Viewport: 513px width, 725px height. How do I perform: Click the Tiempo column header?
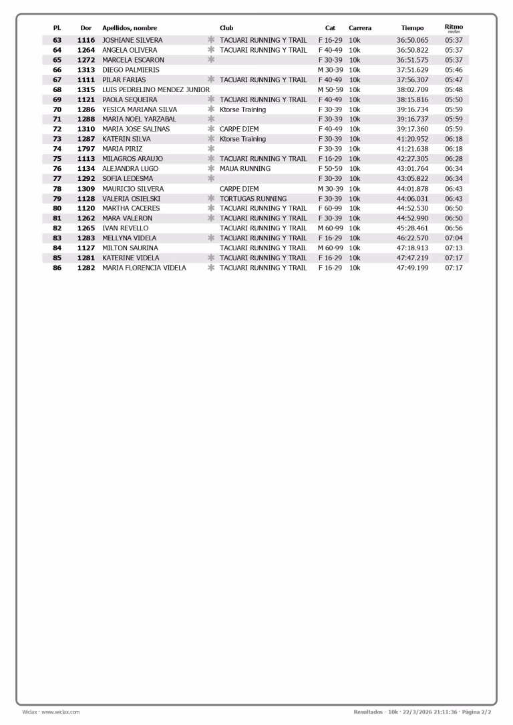[412, 28]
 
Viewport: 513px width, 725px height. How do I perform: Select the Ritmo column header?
[454, 27]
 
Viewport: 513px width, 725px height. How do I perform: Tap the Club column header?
[226, 28]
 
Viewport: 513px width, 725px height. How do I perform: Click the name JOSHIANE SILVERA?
[132, 40]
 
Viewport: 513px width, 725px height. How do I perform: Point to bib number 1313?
[86, 70]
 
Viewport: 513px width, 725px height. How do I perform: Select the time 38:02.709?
[412, 89]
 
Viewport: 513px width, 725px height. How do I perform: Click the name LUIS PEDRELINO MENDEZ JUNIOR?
[156, 89]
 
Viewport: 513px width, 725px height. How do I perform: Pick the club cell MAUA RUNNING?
[245, 169]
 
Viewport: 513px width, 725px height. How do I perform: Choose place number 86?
[57, 268]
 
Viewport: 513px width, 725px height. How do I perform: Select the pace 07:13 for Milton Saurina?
[454, 248]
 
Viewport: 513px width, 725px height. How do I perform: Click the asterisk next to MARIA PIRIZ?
[211, 149]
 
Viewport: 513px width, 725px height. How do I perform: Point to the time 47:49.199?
[412, 268]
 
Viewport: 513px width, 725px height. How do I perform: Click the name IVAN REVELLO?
[125, 228]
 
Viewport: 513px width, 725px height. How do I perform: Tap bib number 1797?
[86, 149]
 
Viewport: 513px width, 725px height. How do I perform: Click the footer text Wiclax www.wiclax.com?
[51, 712]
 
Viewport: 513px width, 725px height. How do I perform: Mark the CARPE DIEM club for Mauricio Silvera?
[239, 189]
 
